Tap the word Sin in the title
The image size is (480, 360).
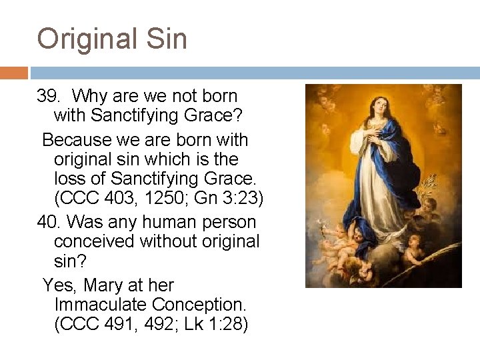click(x=166, y=38)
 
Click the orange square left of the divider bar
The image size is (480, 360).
click(x=14, y=73)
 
